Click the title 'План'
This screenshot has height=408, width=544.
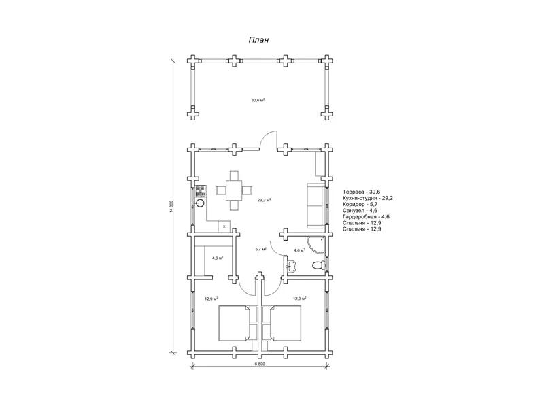click(x=258, y=40)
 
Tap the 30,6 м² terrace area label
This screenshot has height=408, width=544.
click(x=258, y=100)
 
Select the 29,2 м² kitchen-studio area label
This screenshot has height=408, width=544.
click(x=264, y=200)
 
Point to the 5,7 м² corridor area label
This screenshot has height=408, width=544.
click(x=261, y=249)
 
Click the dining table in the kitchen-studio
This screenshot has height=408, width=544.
click(x=234, y=190)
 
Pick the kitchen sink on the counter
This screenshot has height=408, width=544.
click(x=200, y=203)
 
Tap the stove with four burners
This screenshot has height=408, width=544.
click(x=201, y=190)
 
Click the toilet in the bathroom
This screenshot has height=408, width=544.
click(x=318, y=266)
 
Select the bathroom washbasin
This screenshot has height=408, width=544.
click(x=292, y=267)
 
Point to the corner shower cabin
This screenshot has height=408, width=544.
click(x=316, y=245)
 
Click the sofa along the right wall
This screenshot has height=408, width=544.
click(x=316, y=206)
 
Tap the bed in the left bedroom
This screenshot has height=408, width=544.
click(x=234, y=324)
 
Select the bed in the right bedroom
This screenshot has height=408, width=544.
click(x=286, y=324)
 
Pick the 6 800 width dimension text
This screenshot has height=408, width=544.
click(x=260, y=364)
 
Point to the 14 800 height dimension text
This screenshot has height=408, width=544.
click(x=171, y=207)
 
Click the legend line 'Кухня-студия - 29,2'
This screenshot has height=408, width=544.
click(x=368, y=198)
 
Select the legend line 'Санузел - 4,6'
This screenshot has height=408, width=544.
click(x=360, y=211)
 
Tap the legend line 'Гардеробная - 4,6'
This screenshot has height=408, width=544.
click(x=366, y=217)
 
